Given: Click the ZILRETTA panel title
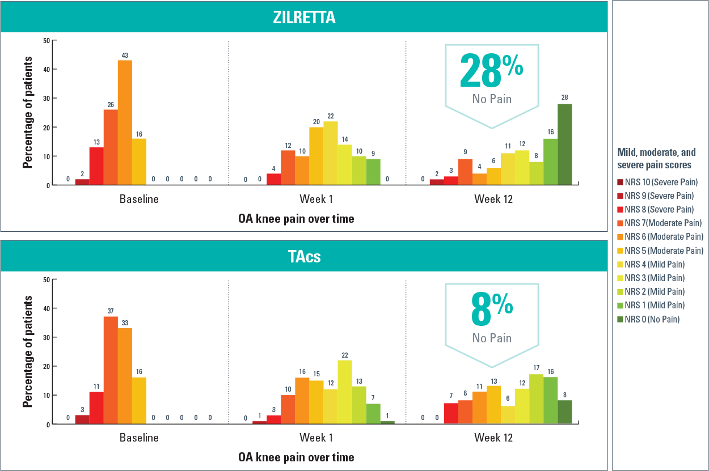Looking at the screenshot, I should point(303,17).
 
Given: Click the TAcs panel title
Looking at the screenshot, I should point(303,256).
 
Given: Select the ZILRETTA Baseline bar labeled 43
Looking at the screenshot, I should point(125,122).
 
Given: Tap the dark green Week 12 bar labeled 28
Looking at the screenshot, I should point(564,145).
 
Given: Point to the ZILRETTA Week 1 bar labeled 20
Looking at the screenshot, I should point(316,156).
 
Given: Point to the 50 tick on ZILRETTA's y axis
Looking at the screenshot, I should point(47,40).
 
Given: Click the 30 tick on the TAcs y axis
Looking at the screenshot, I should point(47,337).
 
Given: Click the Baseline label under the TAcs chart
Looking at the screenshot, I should point(139,438).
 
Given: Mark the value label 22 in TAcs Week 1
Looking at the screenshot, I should point(344,355).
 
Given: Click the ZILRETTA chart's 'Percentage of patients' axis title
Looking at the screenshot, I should point(27,112).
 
